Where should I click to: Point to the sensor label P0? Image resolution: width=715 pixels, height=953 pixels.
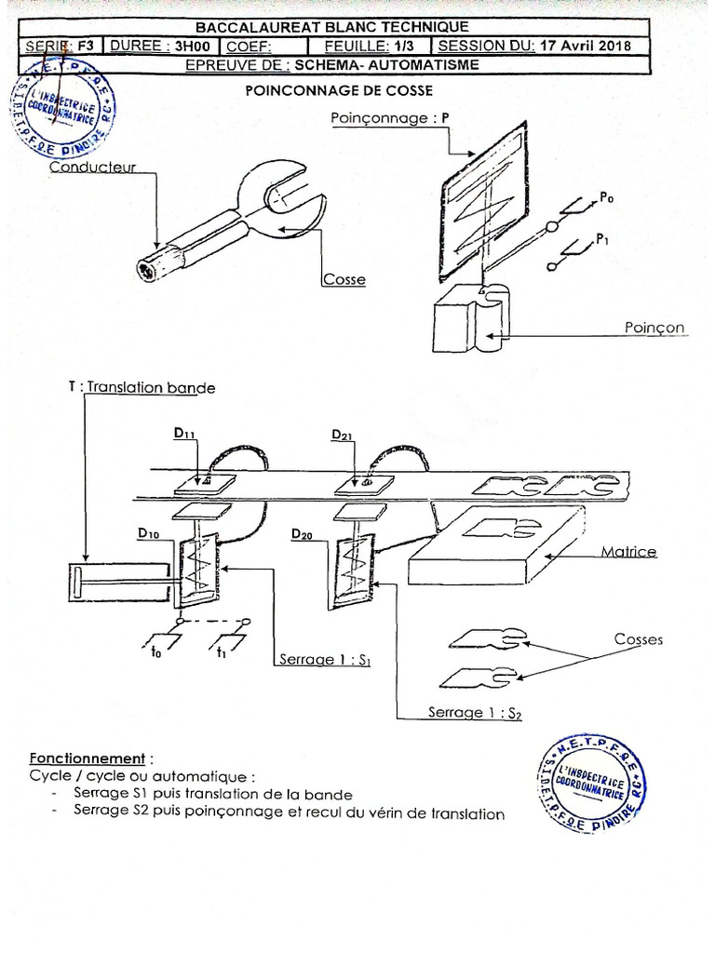(x=606, y=196)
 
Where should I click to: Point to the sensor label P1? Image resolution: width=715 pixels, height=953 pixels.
(x=603, y=238)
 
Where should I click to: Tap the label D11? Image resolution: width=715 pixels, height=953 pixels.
(x=185, y=435)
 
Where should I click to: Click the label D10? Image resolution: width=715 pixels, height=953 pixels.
(x=150, y=532)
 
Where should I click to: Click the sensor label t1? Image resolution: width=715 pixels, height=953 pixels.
(x=222, y=653)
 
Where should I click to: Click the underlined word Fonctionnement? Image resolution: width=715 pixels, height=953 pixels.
(x=87, y=758)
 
